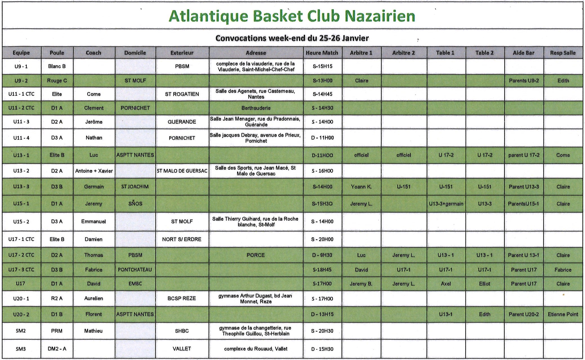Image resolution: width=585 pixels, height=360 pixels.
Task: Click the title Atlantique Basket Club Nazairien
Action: click(292, 16)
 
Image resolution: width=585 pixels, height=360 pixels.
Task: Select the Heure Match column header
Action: click(322, 53)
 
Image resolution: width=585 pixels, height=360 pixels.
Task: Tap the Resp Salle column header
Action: click(562, 53)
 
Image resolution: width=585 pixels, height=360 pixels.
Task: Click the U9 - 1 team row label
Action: click(21, 66)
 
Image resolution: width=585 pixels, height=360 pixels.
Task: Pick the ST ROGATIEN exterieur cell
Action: click(182, 94)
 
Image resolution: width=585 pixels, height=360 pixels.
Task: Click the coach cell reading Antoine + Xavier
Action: click(94, 171)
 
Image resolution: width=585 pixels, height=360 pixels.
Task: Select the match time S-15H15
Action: click(322, 66)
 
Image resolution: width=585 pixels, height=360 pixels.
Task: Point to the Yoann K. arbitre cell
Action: click(361, 187)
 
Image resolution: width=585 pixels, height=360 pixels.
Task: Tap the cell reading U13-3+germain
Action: click(446, 204)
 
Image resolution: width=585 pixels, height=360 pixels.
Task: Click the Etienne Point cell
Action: click(562, 314)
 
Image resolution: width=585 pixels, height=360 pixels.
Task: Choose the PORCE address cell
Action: click(255, 255)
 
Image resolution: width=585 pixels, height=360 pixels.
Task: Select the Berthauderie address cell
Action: click(256, 108)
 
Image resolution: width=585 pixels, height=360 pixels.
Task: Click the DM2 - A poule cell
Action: click(57, 349)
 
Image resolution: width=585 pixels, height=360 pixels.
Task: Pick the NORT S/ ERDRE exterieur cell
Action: click(182, 239)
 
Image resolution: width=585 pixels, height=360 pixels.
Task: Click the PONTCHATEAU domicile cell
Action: click(135, 270)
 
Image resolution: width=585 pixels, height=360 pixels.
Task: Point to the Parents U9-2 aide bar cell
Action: click(524, 81)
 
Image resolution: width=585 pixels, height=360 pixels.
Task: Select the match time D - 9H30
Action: click(322, 255)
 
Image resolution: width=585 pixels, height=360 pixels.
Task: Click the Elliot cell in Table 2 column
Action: click(484, 284)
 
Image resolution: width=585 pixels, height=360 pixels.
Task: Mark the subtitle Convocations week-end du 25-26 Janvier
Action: click(292, 38)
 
